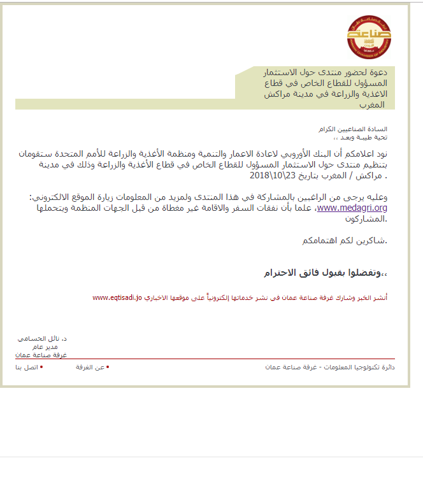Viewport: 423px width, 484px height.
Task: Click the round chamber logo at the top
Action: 369,36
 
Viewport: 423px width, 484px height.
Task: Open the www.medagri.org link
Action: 352,208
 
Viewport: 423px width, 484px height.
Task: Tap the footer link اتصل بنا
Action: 26,367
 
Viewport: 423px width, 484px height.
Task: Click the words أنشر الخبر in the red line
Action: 376,297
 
